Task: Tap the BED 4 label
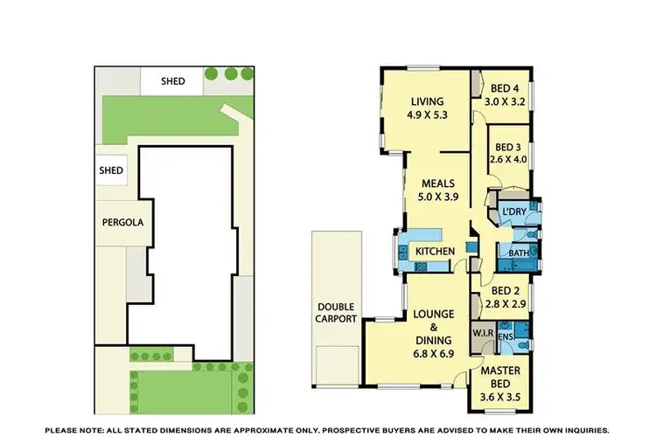tap(503, 88)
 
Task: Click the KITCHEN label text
tap(434, 252)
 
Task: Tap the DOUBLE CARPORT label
tap(335, 313)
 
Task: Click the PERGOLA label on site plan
tap(120, 222)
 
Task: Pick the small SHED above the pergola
tap(111, 170)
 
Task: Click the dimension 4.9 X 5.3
tap(427, 114)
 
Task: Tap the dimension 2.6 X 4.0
tap(507, 159)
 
